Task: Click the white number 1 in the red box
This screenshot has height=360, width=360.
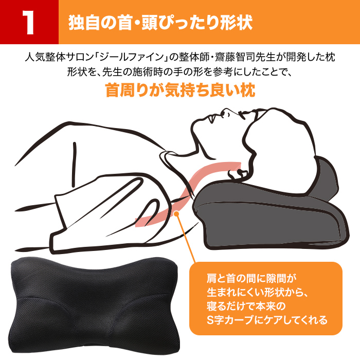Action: (x=29, y=23)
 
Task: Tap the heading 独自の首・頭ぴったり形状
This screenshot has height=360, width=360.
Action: (x=160, y=23)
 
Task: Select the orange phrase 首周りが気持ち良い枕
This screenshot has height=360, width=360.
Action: (x=180, y=90)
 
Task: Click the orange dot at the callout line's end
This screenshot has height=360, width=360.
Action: (x=176, y=214)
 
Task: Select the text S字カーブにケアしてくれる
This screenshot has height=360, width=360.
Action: (x=267, y=320)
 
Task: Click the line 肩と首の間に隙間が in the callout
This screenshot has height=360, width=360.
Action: (x=251, y=279)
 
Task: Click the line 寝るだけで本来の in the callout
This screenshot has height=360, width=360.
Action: (x=246, y=307)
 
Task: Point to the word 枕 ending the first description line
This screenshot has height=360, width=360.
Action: (x=330, y=57)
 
